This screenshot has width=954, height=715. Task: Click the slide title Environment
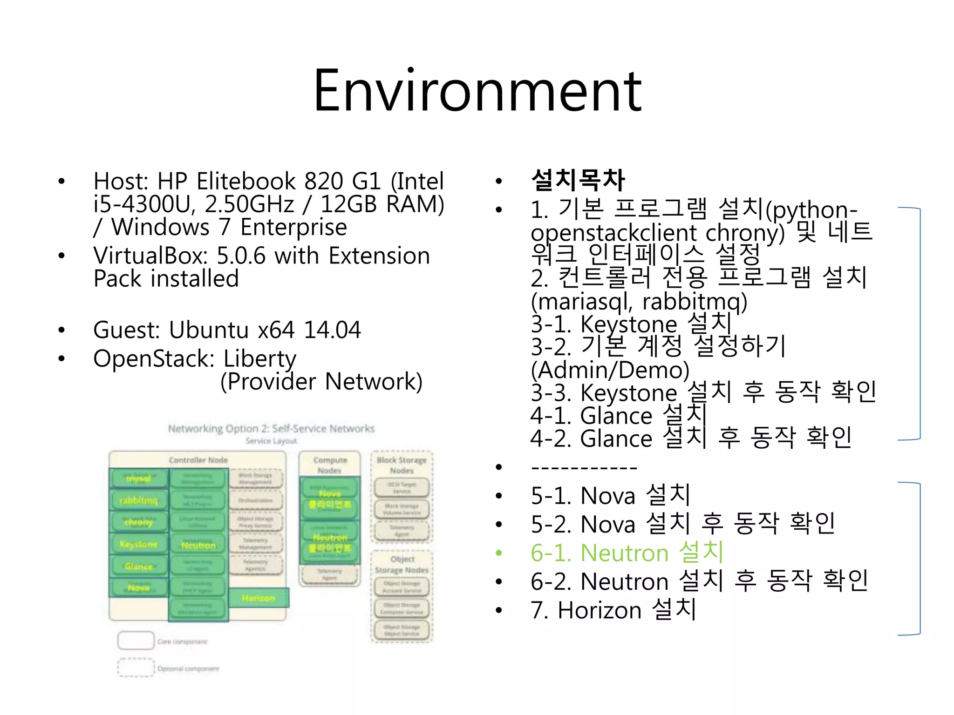tap(477, 91)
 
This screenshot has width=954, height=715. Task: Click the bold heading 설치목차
tap(578, 180)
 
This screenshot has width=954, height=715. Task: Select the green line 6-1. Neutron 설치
tap(627, 553)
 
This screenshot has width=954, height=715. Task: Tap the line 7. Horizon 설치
tap(613, 610)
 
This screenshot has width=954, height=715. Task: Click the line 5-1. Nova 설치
tap(610, 495)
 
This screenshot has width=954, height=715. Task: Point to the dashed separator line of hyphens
tap(584, 467)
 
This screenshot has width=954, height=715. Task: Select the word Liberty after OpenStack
tap(259, 359)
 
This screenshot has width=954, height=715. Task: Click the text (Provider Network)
tap(321, 382)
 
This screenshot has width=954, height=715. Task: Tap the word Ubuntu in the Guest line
tap(208, 330)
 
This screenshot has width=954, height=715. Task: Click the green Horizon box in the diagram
tap(259, 598)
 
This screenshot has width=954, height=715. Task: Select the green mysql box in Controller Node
tap(138, 479)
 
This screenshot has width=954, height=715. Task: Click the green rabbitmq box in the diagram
tap(138, 501)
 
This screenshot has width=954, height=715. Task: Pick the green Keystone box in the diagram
tap(138, 544)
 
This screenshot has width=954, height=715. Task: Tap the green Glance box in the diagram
tap(138, 567)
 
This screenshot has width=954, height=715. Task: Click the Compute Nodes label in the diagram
tap(330, 465)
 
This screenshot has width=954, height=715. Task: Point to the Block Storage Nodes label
tap(402, 465)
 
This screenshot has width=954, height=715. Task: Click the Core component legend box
tap(136, 641)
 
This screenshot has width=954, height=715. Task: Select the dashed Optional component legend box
tap(136, 668)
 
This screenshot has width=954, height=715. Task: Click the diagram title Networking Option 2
tap(271, 428)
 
